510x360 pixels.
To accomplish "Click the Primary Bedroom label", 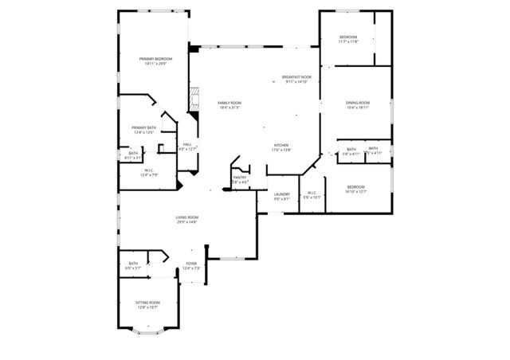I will (156, 59).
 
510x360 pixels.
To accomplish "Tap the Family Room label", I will (229, 103).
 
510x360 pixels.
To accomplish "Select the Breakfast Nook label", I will (296, 77).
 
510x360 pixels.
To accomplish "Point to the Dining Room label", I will (358, 103).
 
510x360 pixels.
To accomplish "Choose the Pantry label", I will (240, 178).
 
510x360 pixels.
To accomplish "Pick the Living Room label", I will (187, 217).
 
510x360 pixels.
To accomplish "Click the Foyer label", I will (191, 264).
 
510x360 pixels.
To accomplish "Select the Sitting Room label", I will (147, 303).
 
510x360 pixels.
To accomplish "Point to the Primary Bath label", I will (144, 127).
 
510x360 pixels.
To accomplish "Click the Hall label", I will (186, 144).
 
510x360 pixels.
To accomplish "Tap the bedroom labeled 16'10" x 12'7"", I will (355, 188).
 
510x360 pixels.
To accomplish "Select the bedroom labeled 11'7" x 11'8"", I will (348, 37).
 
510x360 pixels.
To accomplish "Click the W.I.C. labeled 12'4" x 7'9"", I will (149, 170).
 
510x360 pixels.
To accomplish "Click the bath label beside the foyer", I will (133, 264).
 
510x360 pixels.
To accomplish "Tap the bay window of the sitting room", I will (147, 328).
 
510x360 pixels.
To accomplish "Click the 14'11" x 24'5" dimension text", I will (156, 64).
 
